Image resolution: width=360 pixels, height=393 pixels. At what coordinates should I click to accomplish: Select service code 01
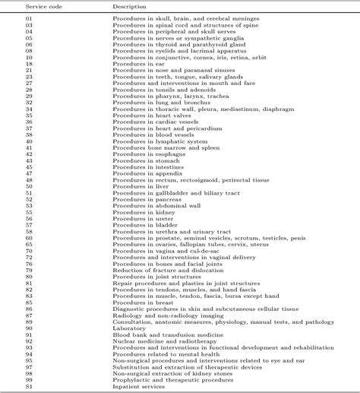[29, 17]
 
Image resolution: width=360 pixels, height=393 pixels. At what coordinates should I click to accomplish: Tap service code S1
[29, 385]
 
